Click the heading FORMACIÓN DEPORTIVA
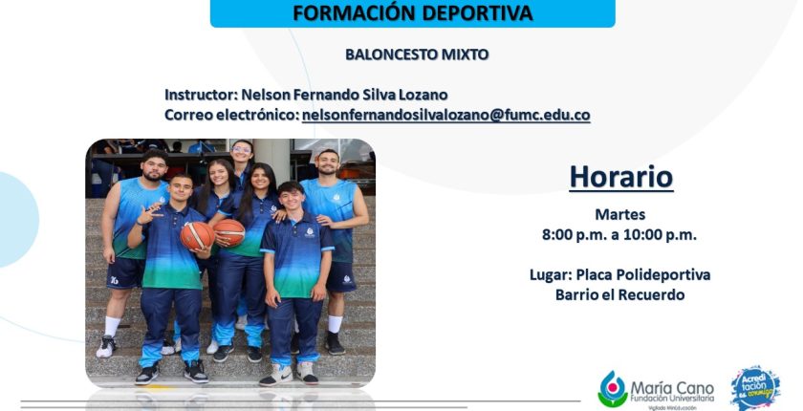(x=412, y=12)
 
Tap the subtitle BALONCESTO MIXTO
(x=417, y=54)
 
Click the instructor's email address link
(x=446, y=115)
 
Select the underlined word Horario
(x=621, y=177)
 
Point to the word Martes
(x=619, y=214)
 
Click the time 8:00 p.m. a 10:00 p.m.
(x=619, y=235)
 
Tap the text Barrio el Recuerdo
(x=619, y=294)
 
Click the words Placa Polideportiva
(x=643, y=275)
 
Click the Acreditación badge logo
(x=755, y=388)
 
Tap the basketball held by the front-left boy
(x=197, y=236)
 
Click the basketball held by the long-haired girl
(x=229, y=232)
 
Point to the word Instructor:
(x=200, y=95)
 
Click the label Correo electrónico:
(x=231, y=115)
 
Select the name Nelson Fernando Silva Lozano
(x=345, y=95)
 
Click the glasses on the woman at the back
(x=241, y=150)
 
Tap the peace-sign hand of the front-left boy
(x=147, y=214)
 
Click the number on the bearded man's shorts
(x=114, y=280)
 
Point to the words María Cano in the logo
(x=672, y=387)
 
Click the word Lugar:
(x=551, y=275)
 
